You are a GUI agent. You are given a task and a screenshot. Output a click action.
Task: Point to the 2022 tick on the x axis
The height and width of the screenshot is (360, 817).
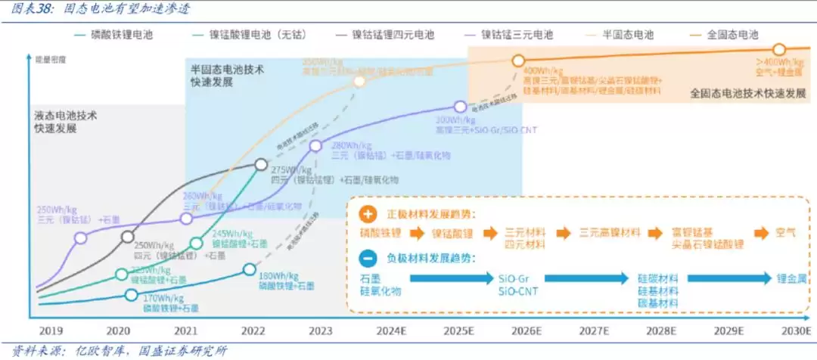253,331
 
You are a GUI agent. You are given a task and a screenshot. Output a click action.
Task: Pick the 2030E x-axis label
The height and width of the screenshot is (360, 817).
795,331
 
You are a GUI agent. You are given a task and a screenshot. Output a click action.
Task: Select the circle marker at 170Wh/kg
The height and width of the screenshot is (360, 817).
132,296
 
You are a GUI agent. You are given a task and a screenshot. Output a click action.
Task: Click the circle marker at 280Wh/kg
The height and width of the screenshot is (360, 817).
316,145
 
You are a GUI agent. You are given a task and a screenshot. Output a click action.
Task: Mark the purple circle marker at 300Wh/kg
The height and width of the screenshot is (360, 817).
460,107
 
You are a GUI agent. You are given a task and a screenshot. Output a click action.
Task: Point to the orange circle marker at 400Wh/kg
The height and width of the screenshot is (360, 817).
518,61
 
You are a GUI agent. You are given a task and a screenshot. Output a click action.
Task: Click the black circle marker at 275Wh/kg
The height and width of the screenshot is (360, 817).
260,164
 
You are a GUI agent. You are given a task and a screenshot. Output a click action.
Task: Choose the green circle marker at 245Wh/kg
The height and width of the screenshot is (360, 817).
197,243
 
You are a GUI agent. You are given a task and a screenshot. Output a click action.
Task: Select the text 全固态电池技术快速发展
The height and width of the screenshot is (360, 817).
747,94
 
